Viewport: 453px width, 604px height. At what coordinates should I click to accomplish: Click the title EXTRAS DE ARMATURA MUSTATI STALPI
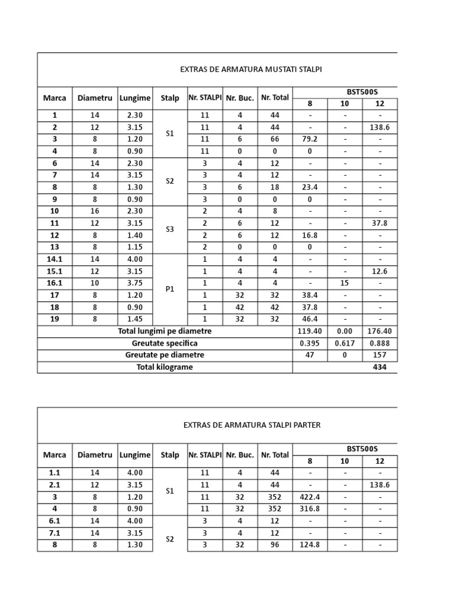[x=251, y=70]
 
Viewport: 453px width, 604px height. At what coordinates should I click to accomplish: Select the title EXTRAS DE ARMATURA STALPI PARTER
[x=252, y=425]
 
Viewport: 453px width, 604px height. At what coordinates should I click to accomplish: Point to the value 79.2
[x=310, y=139]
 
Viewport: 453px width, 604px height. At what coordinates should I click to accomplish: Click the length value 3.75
[x=135, y=283]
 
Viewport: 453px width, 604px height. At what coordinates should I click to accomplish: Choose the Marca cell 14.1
[x=54, y=259]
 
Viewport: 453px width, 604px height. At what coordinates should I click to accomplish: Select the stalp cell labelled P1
[x=170, y=289]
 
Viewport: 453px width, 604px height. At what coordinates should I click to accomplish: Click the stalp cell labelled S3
[x=170, y=229]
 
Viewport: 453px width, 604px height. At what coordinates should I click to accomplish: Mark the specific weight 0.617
[x=344, y=343]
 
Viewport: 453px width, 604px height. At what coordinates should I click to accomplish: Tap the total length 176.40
[x=379, y=331]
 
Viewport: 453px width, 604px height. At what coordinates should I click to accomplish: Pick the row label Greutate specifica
[x=165, y=343]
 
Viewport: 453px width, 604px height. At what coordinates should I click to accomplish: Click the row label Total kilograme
[x=165, y=367]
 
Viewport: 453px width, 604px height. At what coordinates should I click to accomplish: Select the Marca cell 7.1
[x=54, y=533]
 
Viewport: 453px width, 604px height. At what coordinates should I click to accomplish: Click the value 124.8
[x=310, y=545]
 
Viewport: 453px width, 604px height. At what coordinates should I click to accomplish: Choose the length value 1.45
[x=135, y=319]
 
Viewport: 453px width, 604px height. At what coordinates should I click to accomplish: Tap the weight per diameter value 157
[x=379, y=355]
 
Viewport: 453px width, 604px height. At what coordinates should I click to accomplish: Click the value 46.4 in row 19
[x=310, y=319]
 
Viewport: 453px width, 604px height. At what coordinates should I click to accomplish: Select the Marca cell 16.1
[x=54, y=283]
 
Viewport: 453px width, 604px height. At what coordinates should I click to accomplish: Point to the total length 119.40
[x=310, y=331]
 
